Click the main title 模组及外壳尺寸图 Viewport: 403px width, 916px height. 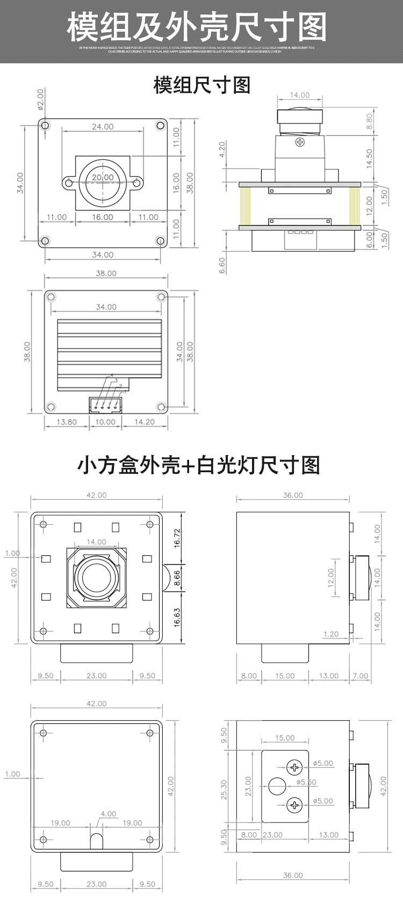point(197,26)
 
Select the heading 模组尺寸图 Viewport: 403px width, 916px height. point(202,85)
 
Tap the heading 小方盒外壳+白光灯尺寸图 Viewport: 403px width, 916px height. point(199,465)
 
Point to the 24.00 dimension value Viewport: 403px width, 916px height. point(102,127)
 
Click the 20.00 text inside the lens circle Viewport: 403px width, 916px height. point(102,178)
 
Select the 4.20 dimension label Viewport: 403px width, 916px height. point(222,150)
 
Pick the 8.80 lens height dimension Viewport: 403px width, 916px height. point(369,122)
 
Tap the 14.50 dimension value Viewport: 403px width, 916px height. point(369,159)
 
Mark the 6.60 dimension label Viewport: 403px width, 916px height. point(222,265)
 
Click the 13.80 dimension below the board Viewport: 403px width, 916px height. point(67,422)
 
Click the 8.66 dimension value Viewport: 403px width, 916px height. point(177,577)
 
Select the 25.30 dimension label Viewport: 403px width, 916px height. point(225,789)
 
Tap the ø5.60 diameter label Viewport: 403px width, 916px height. point(306,782)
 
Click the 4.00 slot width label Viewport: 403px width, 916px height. point(108,814)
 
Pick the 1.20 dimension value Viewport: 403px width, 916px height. point(331,634)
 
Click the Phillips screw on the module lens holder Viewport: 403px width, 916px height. point(300,142)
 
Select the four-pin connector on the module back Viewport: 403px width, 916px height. point(105,405)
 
